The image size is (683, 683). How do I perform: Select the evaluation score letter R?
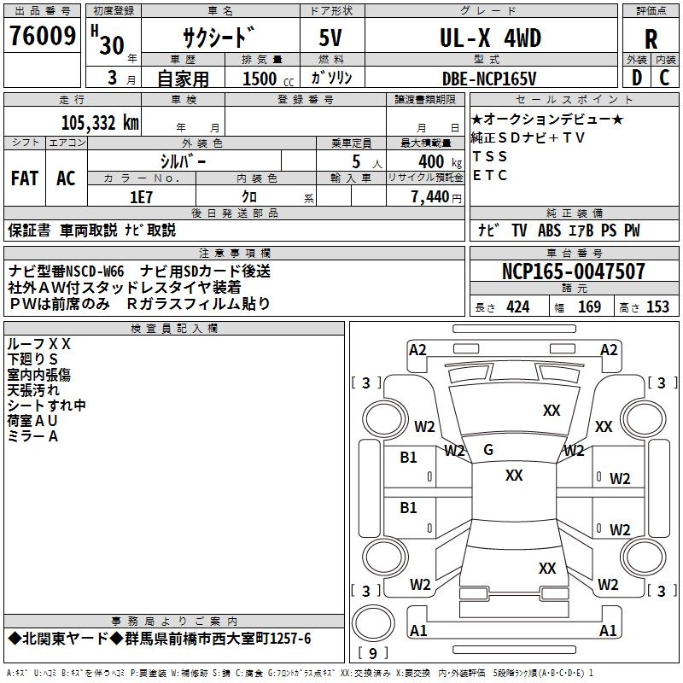pyautogui.click(x=651, y=40)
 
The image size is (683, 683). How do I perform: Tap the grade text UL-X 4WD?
pyautogui.click(x=490, y=38)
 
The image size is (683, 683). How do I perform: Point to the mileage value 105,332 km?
pyautogui.click(x=100, y=123)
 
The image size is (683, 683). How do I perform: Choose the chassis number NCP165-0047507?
pyautogui.click(x=573, y=272)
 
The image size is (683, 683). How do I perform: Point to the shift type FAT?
pyautogui.click(x=25, y=178)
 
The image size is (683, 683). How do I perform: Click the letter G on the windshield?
pyautogui.click(x=488, y=450)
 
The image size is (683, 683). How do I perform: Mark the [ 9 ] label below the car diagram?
pyautogui.click(x=372, y=654)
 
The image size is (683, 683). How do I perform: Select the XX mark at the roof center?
pyautogui.click(x=513, y=476)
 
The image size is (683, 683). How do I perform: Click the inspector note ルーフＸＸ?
pyautogui.click(x=39, y=343)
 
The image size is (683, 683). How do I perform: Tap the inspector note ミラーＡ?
pyautogui.click(x=32, y=436)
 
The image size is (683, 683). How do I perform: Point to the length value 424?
pyautogui.click(x=518, y=307)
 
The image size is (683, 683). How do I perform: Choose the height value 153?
pyautogui.click(x=657, y=307)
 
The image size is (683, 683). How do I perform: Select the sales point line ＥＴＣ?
pyautogui.click(x=490, y=176)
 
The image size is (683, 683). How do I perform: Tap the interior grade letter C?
pyautogui.click(x=664, y=79)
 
